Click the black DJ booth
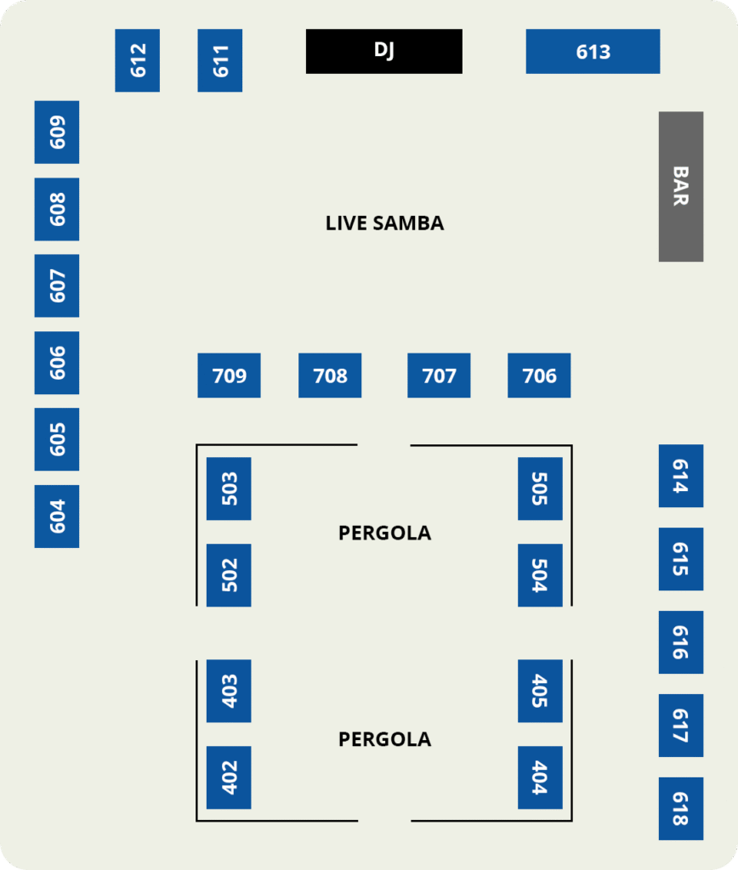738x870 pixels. [x=383, y=51]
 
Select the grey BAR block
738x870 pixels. [x=680, y=186]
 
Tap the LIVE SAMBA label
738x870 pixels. [x=384, y=223]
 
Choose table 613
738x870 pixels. [x=593, y=51]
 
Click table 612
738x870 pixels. [x=137, y=60]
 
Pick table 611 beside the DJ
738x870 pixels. [x=219, y=60]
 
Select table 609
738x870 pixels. [x=57, y=132]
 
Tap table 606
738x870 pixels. [x=57, y=363]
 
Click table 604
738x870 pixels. [x=57, y=517]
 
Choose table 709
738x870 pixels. [x=229, y=376]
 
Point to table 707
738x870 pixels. [x=439, y=376]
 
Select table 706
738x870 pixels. [x=539, y=376]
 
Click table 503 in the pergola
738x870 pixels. [x=229, y=489]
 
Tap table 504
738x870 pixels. [x=540, y=575]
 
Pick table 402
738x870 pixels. [x=229, y=777]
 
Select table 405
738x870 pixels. [x=540, y=691]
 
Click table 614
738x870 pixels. [x=680, y=476]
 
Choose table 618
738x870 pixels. [x=680, y=808]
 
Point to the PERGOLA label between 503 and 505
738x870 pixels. [x=384, y=534]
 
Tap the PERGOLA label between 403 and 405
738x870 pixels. [x=384, y=739]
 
